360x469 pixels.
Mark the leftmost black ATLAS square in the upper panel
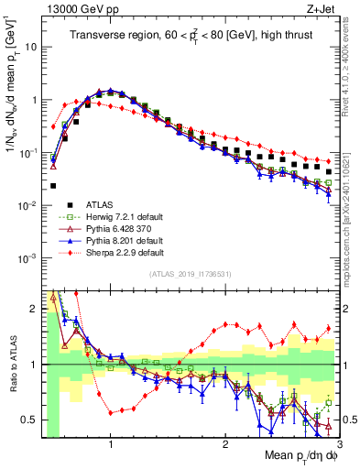53,186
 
